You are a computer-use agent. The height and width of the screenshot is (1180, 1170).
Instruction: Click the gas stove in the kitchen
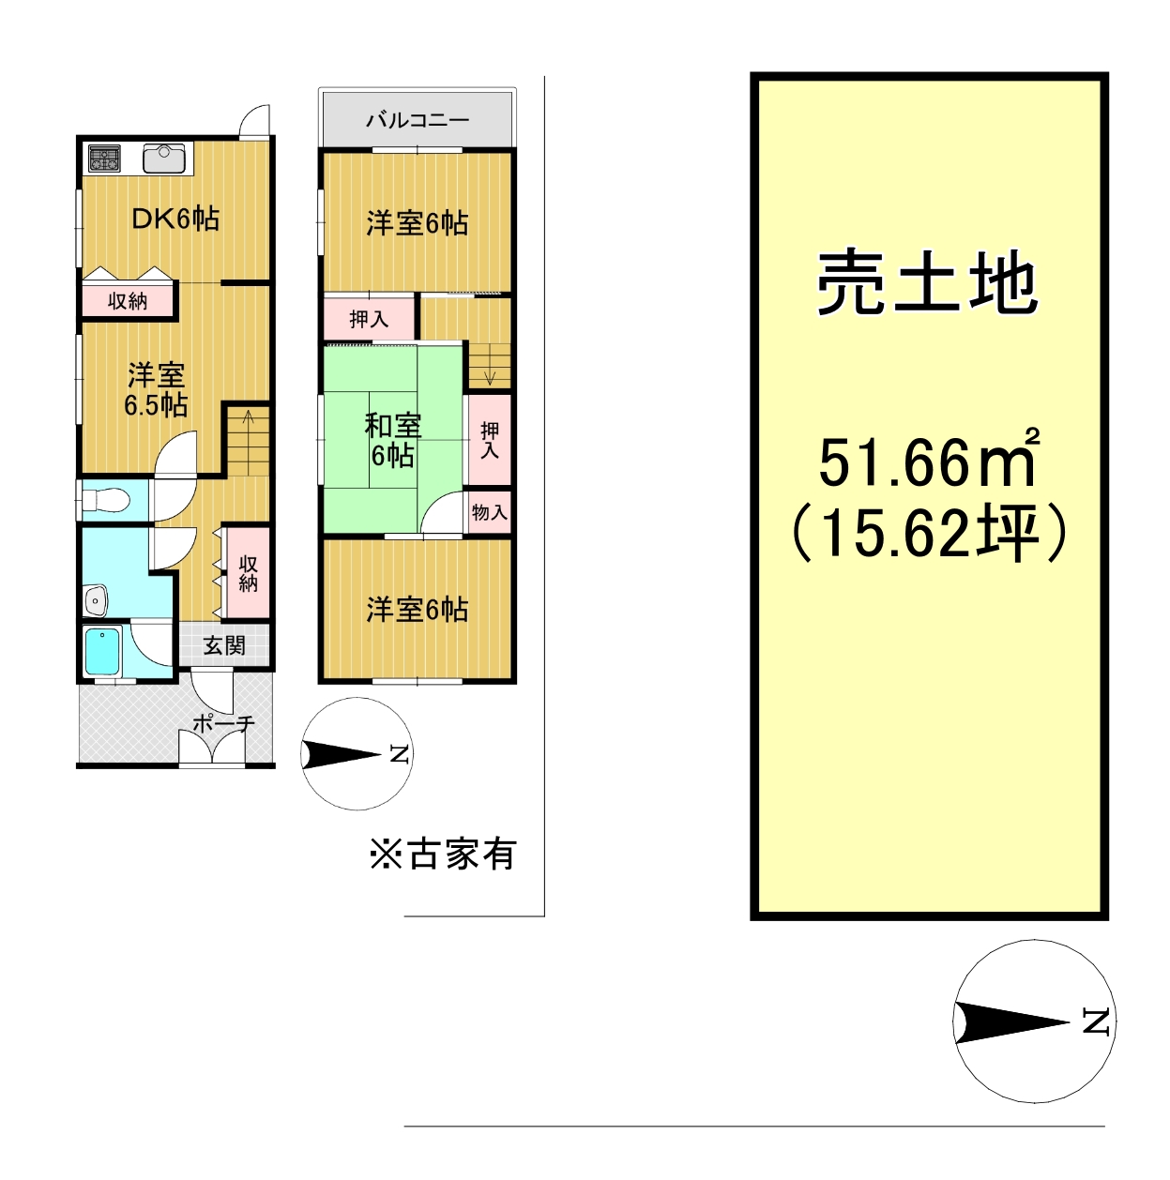point(105,159)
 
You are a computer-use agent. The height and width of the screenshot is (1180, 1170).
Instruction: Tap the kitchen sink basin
point(163,159)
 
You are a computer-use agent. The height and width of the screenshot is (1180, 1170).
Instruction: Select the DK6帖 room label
point(175,219)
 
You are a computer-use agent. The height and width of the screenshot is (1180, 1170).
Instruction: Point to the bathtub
point(103,650)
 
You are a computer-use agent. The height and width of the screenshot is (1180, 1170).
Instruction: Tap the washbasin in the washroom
point(96,600)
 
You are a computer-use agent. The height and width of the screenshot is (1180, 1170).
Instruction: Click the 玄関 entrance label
point(224,644)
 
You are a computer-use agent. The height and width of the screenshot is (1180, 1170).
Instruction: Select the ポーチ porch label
point(223,723)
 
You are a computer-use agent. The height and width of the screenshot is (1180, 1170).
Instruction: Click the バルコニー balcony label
point(418,119)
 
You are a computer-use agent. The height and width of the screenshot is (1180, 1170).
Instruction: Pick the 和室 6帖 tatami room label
point(392,440)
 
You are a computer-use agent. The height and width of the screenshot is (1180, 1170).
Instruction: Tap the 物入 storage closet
point(490,511)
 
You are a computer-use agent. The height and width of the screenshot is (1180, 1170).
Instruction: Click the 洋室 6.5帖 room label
point(156,389)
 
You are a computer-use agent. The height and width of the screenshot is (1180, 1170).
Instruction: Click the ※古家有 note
point(443,854)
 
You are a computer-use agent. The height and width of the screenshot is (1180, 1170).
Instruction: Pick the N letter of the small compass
point(400,754)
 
